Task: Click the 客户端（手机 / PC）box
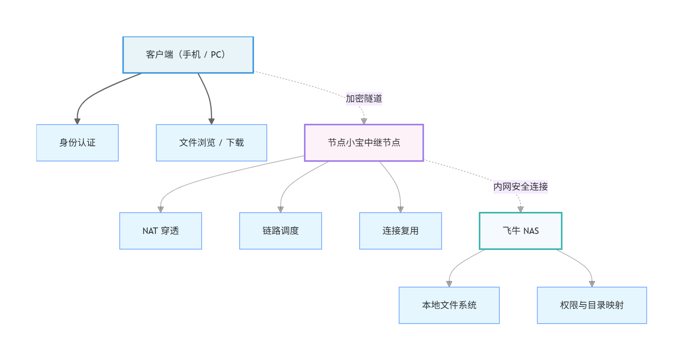tap(188, 55)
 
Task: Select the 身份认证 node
tap(77, 143)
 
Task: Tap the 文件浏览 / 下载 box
tap(211, 143)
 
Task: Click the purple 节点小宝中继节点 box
tap(364, 143)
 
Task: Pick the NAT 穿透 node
tap(161, 231)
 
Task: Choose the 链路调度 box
tap(281, 231)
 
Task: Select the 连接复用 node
tap(401, 231)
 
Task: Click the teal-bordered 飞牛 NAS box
tap(521, 231)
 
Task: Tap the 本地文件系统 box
tap(449, 305)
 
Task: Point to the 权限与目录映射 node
tap(592, 305)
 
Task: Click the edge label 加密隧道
tap(364, 99)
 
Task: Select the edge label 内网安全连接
tap(521, 187)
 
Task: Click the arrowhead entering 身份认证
tap(77, 122)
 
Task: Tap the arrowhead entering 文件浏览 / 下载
tap(211, 122)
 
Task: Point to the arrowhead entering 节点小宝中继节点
tap(364, 121)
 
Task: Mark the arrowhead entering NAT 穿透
tap(161, 209)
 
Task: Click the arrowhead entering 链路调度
tap(281, 209)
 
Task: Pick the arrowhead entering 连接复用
tap(401, 209)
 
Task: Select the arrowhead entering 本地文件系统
tap(449, 284)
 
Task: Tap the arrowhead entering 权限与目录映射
tap(592, 284)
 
